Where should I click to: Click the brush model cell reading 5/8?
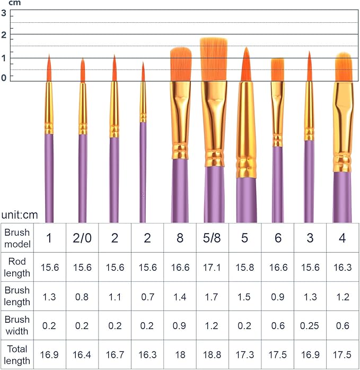[212, 238]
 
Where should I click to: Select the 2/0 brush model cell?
[82, 238]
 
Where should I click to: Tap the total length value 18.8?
[212, 354]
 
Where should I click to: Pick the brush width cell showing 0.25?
[310, 325]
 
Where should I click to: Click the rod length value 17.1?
[212, 267]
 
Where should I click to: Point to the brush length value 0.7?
[147, 296]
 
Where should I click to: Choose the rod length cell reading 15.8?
[244, 267]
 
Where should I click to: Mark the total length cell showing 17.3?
[244, 354]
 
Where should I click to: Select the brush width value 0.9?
[180, 325]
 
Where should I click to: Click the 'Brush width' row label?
[17, 325]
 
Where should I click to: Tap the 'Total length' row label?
[17, 354]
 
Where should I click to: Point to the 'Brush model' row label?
[17, 238]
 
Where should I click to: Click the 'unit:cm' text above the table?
[20, 215]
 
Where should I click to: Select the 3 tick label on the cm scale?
[4, 13]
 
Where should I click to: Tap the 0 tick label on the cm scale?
[4, 78]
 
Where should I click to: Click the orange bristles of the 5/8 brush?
[213, 58]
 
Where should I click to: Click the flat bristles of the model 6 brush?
[277, 70]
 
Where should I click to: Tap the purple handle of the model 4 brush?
[342, 196]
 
